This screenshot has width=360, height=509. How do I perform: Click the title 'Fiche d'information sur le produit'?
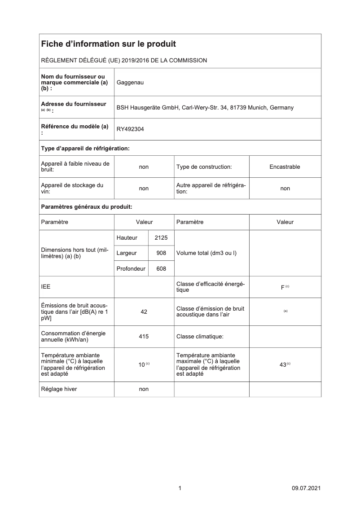tap(108, 44)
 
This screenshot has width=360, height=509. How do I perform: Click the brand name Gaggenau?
tap(130, 83)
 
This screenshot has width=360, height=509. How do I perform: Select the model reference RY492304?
tap(131, 129)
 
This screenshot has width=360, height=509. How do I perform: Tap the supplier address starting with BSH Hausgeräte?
tap(205, 108)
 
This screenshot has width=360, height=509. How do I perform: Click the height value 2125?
tap(161, 237)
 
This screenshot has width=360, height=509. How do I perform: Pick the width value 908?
tap(161, 253)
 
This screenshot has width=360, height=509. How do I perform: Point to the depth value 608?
tap(161, 269)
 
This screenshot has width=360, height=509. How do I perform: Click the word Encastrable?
tap(285, 167)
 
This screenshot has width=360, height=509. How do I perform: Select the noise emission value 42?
tap(144, 312)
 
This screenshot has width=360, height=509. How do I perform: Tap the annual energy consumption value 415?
tap(144, 336)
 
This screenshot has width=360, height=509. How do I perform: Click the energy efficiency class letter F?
tap(282, 287)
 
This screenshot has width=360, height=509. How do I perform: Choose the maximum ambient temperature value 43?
tap(283, 365)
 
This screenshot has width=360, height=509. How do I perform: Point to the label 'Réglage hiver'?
tap(59, 389)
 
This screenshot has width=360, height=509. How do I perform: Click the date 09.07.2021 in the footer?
tap(306, 488)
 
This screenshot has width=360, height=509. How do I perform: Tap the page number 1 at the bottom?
tap(180, 488)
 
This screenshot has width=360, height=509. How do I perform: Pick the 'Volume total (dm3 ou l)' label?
tap(206, 253)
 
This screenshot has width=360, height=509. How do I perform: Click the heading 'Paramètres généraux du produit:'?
tap(86, 207)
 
